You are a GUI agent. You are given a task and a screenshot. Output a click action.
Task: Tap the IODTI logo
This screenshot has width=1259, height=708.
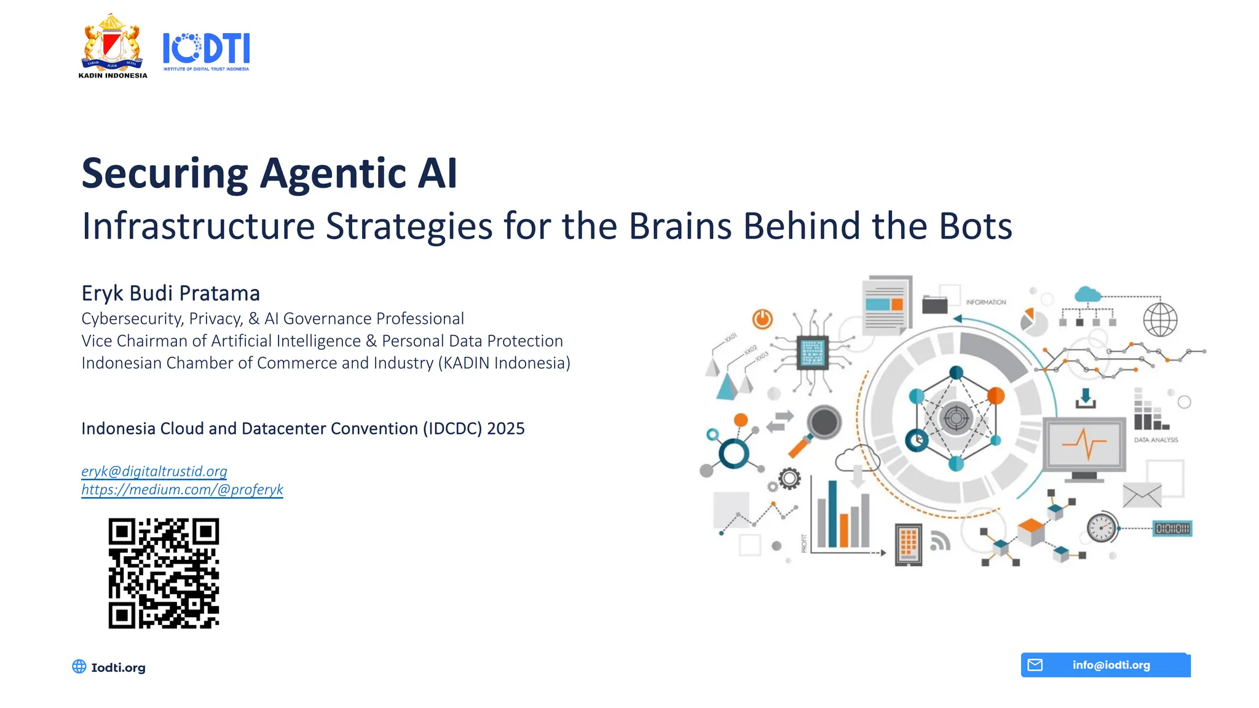[206, 50]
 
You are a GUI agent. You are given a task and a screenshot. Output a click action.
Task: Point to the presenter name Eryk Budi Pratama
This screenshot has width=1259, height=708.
[171, 293]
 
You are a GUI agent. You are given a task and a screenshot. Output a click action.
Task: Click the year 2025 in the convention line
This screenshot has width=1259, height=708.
[505, 428]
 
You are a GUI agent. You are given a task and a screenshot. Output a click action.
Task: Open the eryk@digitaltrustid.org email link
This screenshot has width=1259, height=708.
[154, 471]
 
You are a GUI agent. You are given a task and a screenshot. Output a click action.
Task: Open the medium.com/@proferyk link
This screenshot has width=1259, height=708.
[182, 490]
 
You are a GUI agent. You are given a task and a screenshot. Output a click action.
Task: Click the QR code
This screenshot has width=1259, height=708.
[164, 573]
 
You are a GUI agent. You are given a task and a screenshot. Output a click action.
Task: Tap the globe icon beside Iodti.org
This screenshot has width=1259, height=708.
[79, 667]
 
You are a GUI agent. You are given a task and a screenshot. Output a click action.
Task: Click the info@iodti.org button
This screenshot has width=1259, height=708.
[1105, 665]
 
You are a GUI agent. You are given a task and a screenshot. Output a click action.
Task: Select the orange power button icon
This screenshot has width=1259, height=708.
[762, 319]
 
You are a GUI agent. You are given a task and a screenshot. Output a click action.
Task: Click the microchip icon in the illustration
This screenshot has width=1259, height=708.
[812, 352]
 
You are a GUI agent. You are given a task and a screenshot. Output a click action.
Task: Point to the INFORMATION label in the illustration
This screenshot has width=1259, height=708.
[985, 302]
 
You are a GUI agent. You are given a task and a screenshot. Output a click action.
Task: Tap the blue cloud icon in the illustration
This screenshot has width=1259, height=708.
[1087, 294]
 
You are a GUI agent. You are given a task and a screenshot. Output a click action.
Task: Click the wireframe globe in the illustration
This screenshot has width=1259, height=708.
[1160, 320]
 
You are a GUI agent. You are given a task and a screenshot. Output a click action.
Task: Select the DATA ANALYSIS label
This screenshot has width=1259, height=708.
[1156, 440]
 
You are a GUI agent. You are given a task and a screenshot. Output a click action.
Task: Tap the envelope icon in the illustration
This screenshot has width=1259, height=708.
[1142, 495]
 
